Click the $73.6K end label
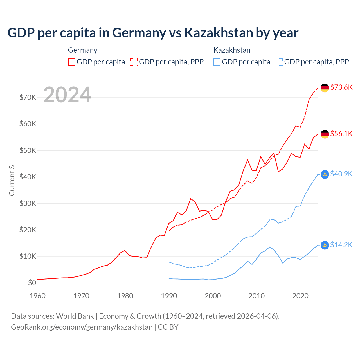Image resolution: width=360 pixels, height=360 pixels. point(341,87)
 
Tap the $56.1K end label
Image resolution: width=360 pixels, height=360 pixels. point(341,134)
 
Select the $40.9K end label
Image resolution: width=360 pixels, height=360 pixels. point(341,174)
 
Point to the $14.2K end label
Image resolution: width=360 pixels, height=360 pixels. point(341,245)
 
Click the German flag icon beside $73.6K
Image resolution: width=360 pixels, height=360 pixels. point(325,88)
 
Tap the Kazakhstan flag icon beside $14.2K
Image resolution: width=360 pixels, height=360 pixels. point(325,245)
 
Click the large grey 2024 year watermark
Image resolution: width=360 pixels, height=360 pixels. point(67,95)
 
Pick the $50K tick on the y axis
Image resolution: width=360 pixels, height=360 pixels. point(28,150)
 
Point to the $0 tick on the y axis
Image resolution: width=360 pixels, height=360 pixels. point(32,283)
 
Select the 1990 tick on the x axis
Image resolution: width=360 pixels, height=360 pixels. point(169,296)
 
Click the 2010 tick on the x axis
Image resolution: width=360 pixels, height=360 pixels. point(256,296)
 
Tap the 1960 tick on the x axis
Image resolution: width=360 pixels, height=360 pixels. point(38,296)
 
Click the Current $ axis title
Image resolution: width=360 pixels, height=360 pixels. point(12,180)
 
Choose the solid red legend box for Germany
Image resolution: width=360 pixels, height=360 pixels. point(72,62)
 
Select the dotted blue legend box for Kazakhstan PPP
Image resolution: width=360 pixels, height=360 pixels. point(279,62)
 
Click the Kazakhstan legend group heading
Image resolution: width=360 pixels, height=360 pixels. point(232,50)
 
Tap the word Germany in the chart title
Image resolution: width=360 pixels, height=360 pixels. point(139,33)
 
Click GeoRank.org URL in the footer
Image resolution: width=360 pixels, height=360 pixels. point(82,327)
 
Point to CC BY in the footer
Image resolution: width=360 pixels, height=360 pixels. point(168,327)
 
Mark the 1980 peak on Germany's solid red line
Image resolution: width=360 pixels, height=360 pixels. point(125,250)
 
